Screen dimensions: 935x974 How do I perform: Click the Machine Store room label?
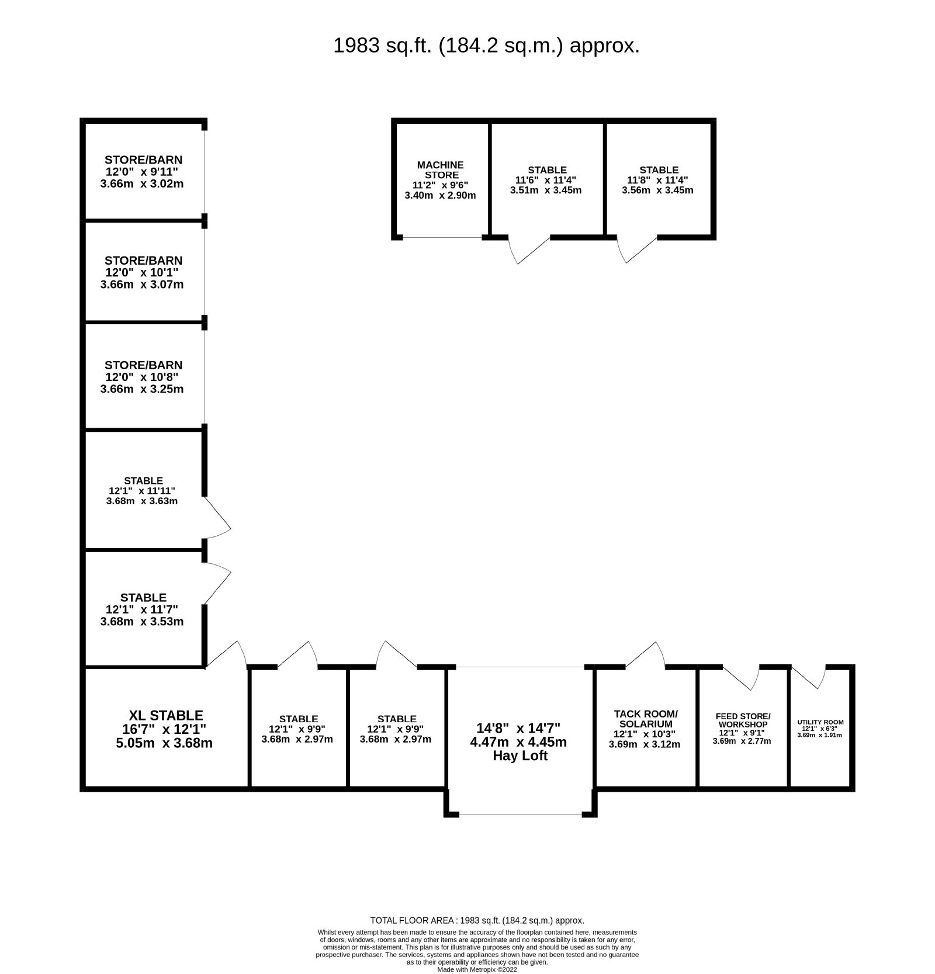coord(441,170)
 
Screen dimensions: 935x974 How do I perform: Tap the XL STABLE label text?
coord(166,715)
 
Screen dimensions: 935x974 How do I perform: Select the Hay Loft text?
coord(520,755)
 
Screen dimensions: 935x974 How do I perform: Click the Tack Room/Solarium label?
coord(646,719)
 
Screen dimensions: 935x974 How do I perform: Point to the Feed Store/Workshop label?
coord(743,720)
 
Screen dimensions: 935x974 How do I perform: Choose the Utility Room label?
coord(820,722)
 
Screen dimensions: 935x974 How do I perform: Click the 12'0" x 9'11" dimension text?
coord(141,172)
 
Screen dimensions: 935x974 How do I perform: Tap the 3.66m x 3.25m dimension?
coord(142,389)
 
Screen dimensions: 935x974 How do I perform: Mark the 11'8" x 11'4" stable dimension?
coord(658,181)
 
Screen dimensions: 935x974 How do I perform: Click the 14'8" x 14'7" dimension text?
coord(519,728)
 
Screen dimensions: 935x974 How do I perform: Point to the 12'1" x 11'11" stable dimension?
coord(142,491)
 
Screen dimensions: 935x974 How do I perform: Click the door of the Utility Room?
coord(809,677)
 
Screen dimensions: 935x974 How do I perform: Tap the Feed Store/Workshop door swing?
coord(741,678)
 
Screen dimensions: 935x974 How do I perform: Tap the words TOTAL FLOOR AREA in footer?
coord(413,920)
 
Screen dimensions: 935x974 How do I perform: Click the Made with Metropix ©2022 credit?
coord(477,969)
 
